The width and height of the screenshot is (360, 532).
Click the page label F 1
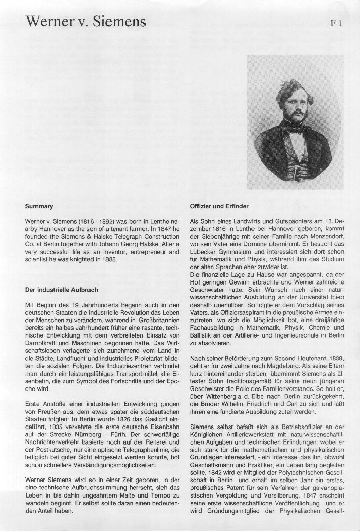[337, 23]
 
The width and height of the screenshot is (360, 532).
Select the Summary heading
[39, 206]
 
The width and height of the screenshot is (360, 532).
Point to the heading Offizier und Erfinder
[220, 206]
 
